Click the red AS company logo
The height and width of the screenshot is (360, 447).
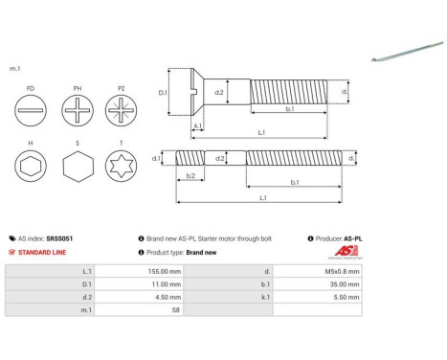point(344,253)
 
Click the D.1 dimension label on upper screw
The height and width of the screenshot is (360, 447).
point(163,94)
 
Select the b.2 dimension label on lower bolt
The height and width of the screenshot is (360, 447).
point(190,176)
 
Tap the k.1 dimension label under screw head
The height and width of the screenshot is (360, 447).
point(196,125)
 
